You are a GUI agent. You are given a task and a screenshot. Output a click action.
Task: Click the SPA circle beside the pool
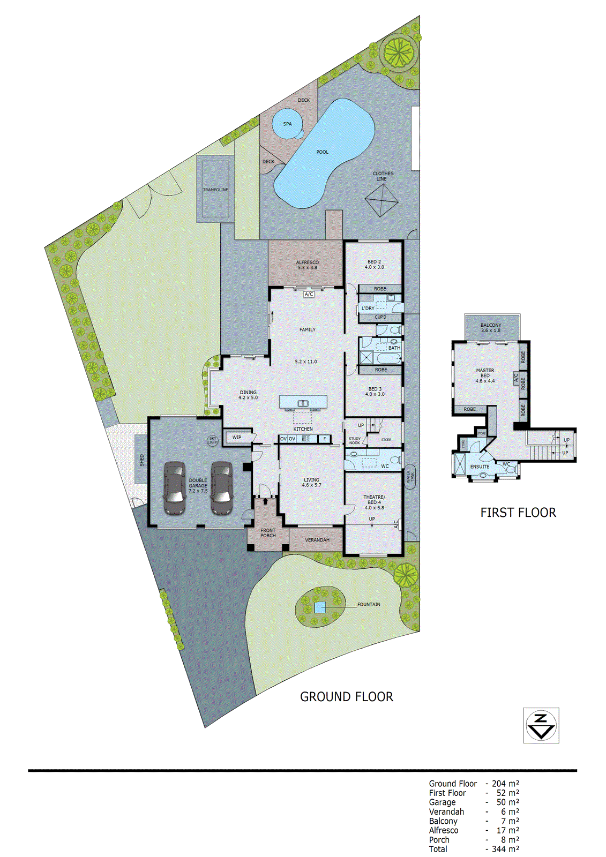click(287, 124)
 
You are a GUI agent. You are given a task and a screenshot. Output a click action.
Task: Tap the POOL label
click(322, 152)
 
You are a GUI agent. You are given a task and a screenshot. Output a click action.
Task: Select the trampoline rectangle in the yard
click(215, 190)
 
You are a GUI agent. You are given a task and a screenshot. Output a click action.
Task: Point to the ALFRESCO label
click(307, 265)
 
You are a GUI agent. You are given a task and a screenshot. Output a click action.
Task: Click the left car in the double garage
click(174, 488)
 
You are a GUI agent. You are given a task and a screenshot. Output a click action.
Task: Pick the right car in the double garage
click(221, 488)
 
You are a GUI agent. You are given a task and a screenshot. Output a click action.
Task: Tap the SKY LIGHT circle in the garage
click(213, 440)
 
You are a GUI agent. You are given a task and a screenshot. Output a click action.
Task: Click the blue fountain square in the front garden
click(320, 607)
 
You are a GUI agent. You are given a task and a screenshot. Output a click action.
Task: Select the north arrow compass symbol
click(541, 725)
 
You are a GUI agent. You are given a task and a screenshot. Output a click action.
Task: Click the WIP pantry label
click(237, 438)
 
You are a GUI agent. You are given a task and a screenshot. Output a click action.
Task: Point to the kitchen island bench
click(303, 402)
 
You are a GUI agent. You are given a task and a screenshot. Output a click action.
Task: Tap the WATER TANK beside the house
click(411, 476)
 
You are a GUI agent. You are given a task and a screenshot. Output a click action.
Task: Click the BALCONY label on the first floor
click(491, 327)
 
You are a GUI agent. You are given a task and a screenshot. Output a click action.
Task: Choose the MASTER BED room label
click(485, 375)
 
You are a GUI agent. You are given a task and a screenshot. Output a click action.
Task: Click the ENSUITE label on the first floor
click(480, 467)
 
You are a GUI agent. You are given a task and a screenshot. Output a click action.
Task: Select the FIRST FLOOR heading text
click(518, 513)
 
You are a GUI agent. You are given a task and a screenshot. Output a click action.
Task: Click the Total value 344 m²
click(505, 849)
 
